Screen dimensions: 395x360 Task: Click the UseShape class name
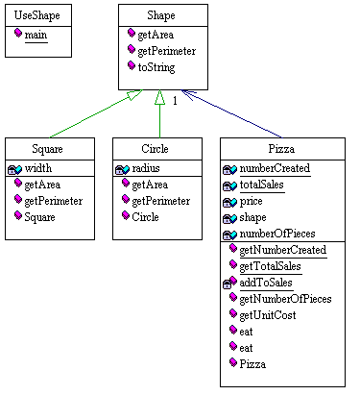[x=37, y=16]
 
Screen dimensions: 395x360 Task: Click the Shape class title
[x=160, y=16]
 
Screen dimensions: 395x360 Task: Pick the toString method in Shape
[x=159, y=66]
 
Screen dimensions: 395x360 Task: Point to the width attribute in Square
[x=38, y=167]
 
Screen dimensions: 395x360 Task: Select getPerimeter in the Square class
[x=53, y=200]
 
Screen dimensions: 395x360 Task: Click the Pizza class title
[x=282, y=150]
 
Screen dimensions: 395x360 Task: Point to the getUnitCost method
[x=271, y=315]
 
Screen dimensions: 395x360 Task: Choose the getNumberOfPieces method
[x=284, y=299]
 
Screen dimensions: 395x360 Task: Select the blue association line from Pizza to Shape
[x=236, y=115]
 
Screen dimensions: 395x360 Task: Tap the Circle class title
[x=156, y=150]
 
